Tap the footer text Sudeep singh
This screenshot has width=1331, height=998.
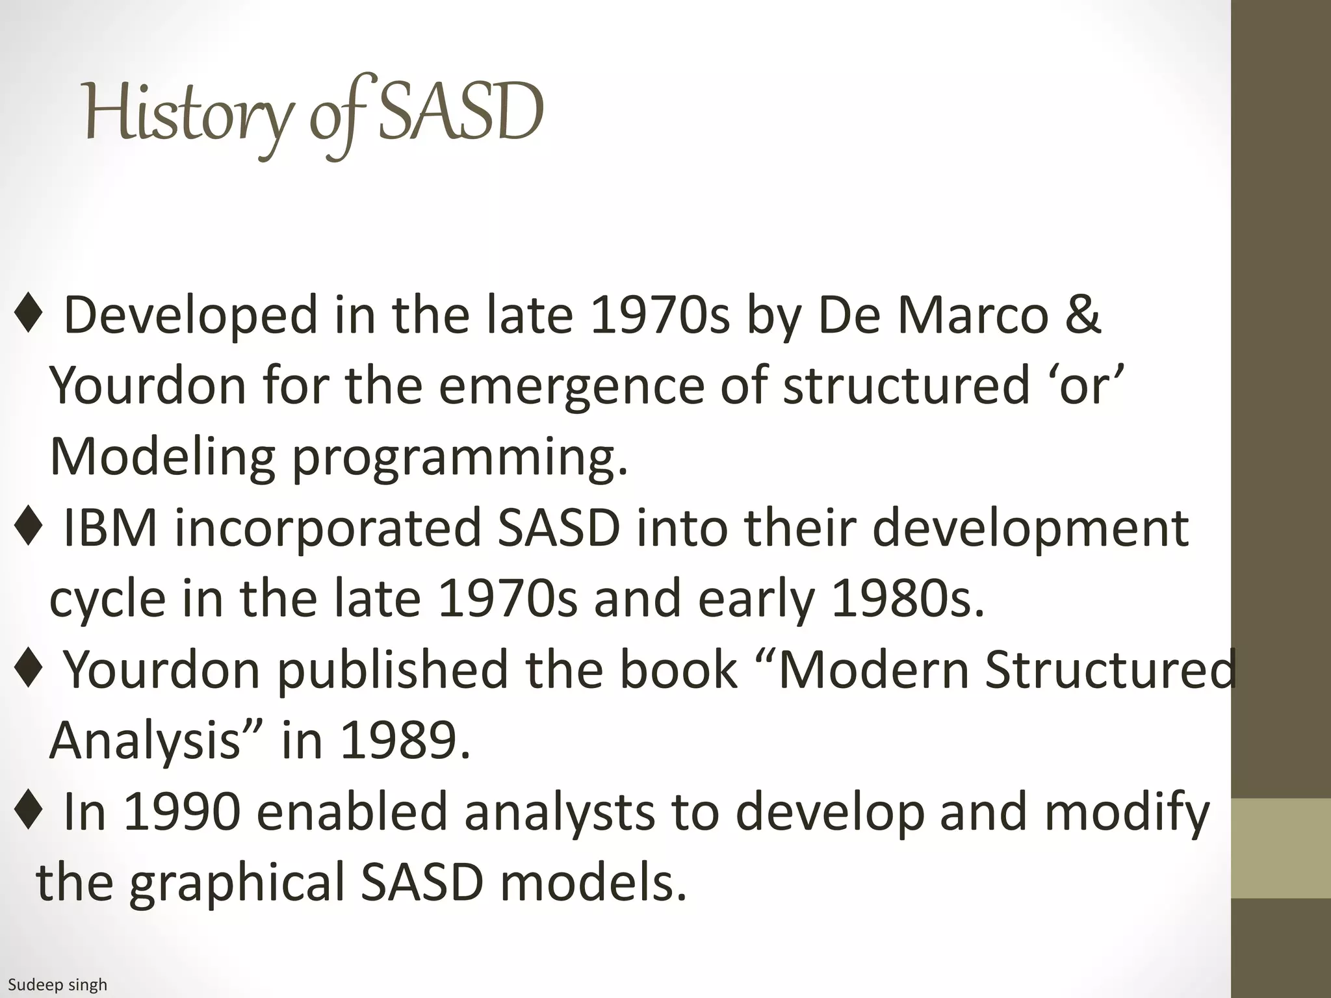(x=57, y=985)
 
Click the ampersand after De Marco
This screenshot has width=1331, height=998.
(x=1081, y=314)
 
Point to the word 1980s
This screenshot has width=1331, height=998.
(x=907, y=598)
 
